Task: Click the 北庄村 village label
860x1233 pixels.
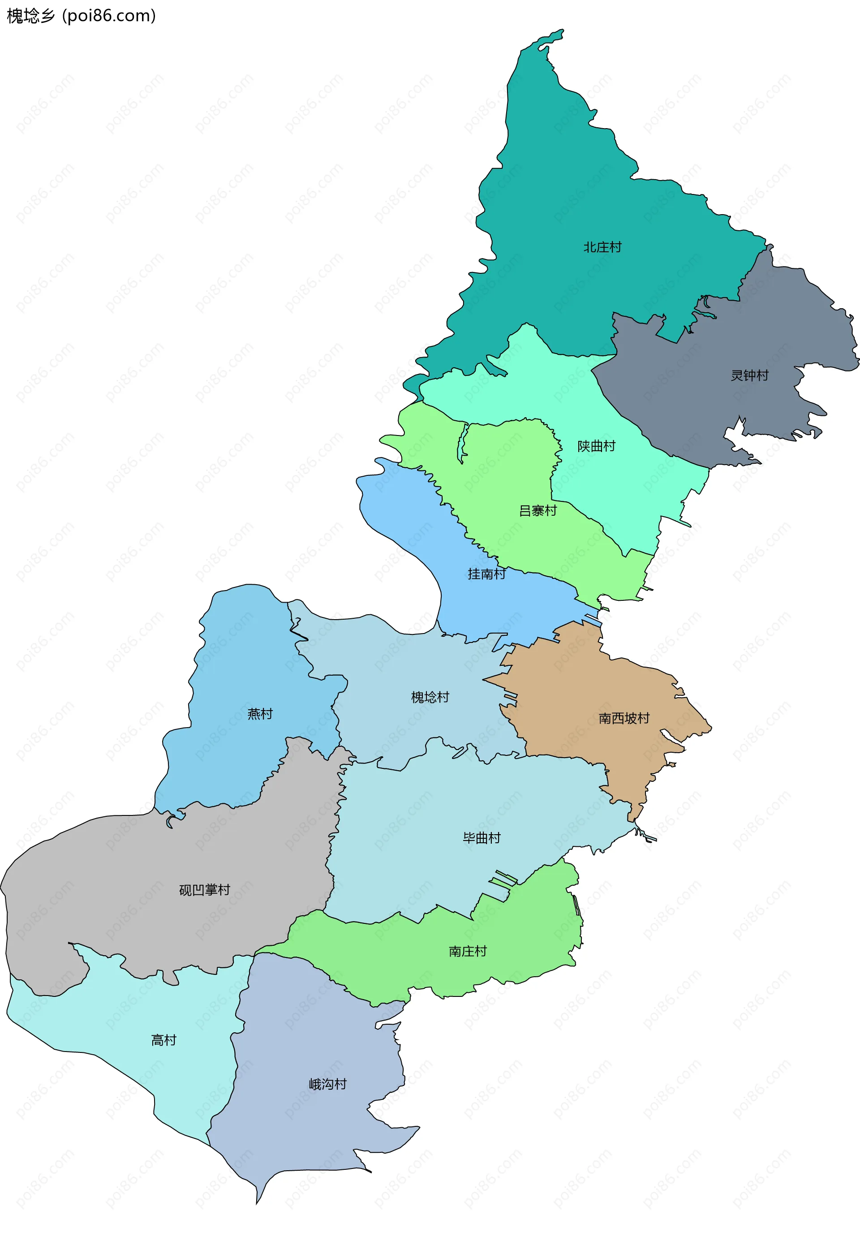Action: [x=602, y=247]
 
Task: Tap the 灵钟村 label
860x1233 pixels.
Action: [x=749, y=375]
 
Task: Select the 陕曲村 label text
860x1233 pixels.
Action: [x=596, y=446]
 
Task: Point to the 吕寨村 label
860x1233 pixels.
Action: [x=537, y=510]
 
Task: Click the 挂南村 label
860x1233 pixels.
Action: [x=486, y=573]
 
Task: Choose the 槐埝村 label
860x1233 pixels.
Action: [x=430, y=697]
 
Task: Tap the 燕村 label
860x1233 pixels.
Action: [x=260, y=714]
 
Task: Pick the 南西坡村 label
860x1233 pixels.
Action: [x=624, y=718]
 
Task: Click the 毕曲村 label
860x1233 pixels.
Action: [x=482, y=838]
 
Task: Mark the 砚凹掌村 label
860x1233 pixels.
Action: [x=204, y=890]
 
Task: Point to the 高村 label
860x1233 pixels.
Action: [x=164, y=1040]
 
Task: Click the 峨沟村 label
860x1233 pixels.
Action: [x=327, y=1084]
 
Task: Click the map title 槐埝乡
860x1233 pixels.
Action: [x=30, y=16]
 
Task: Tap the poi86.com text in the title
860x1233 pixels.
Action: [x=109, y=16]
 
